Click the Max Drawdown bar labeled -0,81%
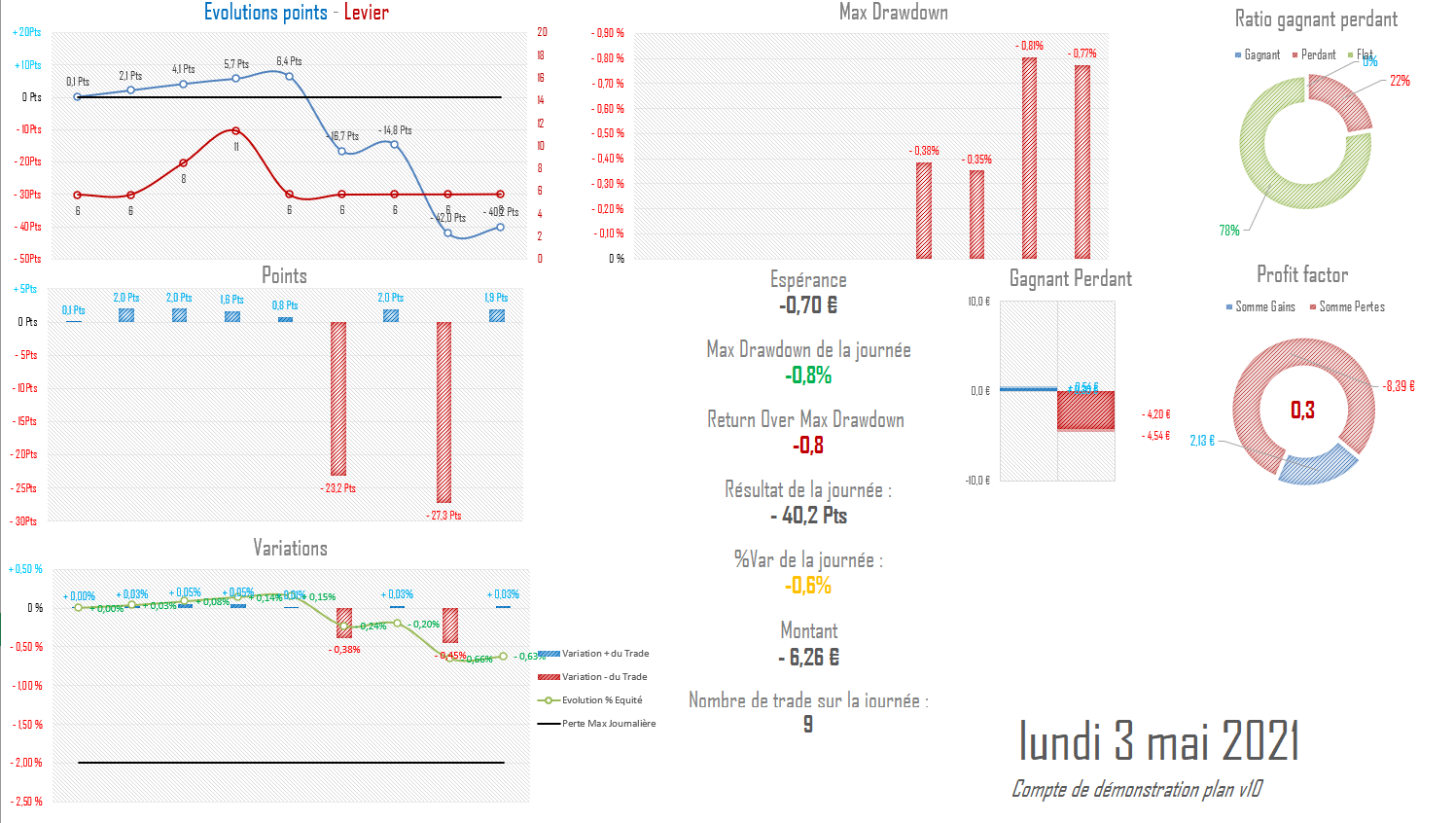1029,158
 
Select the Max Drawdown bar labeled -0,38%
924,210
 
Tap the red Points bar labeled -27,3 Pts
444,412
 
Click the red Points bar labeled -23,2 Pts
338,399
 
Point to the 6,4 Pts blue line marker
289,75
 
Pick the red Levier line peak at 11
235,130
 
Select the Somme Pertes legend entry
1351,306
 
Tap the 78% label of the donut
1229,231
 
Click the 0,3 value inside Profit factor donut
1302,410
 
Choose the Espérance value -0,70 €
808,305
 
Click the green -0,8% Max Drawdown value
808,376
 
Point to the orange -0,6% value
808,586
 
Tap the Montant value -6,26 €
808,658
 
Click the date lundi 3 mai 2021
1158,741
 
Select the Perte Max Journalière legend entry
608,724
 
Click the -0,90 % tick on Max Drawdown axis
608,33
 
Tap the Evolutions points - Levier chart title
296,13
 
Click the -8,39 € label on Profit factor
1399,386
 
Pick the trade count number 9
807,725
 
